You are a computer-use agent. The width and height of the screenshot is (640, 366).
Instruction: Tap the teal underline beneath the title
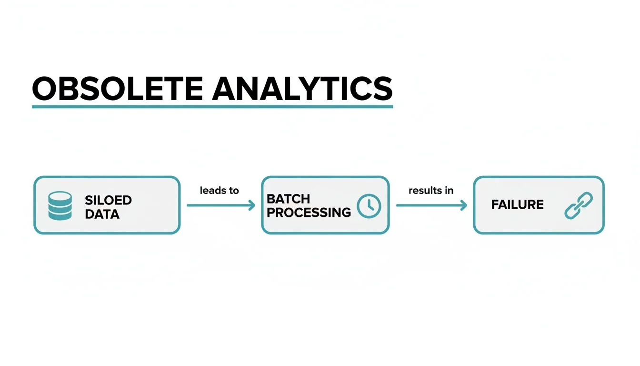click(x=212, y=106)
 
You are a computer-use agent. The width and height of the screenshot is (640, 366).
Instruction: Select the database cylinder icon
click(x=60, y=206)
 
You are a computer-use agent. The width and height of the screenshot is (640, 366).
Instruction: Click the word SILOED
click(x=108, y=200)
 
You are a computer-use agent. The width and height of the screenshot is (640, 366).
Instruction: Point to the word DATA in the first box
click(x=102, y=214)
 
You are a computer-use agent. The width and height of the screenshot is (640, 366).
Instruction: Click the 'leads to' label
click(x=219, y=191)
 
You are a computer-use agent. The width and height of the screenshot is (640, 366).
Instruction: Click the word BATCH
click(x=288, y=198)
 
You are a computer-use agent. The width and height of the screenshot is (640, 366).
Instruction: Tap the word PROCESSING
click(x=309, y=212)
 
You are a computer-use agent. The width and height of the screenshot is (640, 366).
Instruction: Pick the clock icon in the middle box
click(x=369, y=206)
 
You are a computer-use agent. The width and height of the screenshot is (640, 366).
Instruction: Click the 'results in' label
click(x=430, y=191)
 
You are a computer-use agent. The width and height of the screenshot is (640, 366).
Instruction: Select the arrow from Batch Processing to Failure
click(x=431, y=205)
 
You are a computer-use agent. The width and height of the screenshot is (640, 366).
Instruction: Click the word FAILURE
click(x=517, y=205)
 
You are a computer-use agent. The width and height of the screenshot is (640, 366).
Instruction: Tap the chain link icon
click(x=578, y=205)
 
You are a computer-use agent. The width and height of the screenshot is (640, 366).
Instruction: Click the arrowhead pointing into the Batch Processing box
click(x=252, y=205)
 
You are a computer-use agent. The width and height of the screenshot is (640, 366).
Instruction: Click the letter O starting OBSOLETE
click(x=45, y=88)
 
